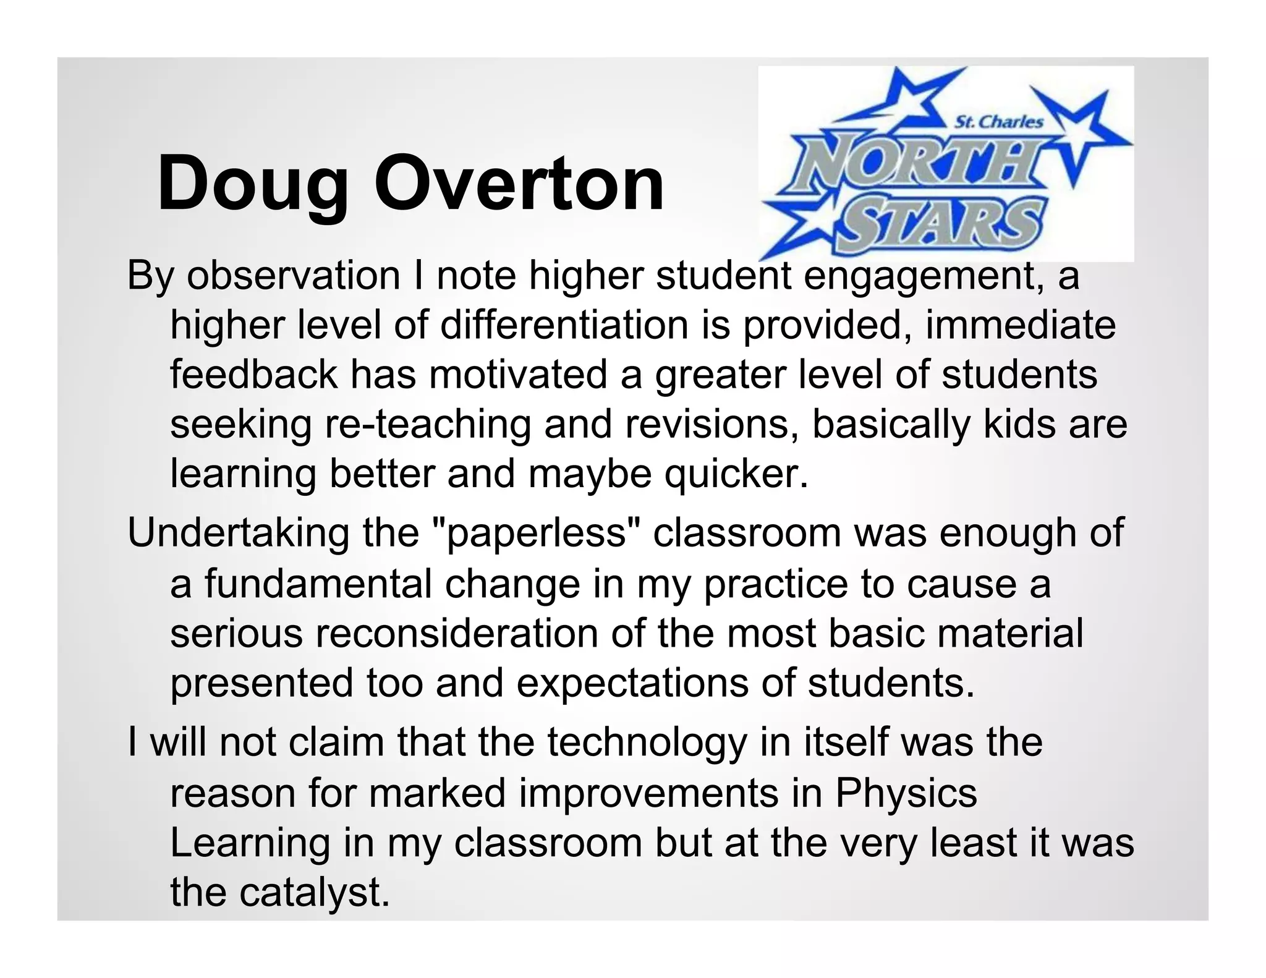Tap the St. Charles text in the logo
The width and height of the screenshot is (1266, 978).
999,122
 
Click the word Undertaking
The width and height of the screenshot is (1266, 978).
239,534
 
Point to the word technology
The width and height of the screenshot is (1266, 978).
647,743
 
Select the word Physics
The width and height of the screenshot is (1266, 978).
906,794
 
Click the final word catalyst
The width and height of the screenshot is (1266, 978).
315,893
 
